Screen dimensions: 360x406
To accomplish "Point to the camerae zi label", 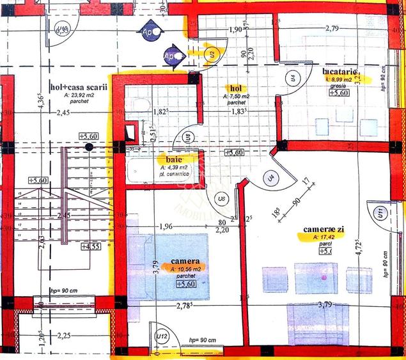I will click(x=324, y=228).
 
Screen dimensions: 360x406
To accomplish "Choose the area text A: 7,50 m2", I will click(x=237, y=96).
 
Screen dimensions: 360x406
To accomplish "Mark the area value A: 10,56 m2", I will click(x=186, y=269).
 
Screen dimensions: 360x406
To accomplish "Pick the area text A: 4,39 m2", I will click(x=175, y=166).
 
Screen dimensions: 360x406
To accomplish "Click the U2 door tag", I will click(x=212, y=54).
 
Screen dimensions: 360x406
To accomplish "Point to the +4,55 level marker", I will click(x=91, y=246).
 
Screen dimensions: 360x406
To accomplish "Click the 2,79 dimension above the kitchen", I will click(x=332, y=29).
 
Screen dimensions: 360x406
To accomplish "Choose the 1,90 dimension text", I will click(x=235, y=29).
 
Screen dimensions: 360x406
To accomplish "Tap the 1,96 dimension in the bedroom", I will click(x=165, y=226).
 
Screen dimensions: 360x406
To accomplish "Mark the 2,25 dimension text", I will click(x=63, y=335).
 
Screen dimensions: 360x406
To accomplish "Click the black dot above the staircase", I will click(x=88, y=146).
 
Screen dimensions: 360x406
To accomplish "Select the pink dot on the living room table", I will click(x=324, y=279).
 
